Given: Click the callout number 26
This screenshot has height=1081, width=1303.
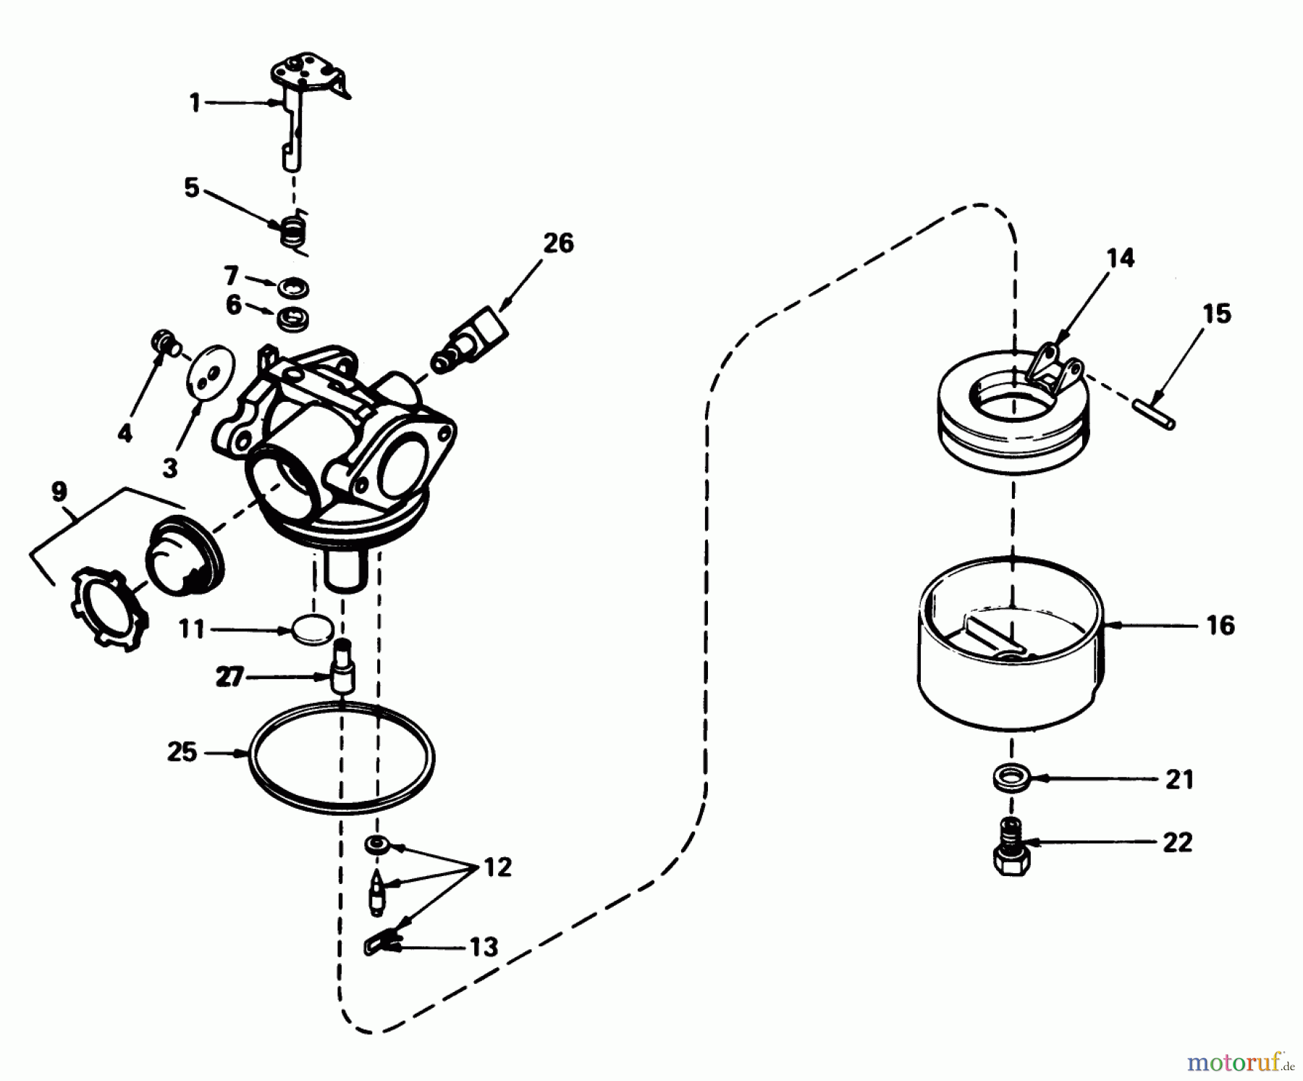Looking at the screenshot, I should click(x=558, y=243).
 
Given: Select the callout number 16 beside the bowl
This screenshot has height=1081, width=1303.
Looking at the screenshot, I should click(x=1220, y=626).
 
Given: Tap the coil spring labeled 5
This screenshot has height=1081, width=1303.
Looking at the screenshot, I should click(x=294, y=232).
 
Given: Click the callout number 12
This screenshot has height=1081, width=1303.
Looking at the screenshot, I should click(x=497, y=867).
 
